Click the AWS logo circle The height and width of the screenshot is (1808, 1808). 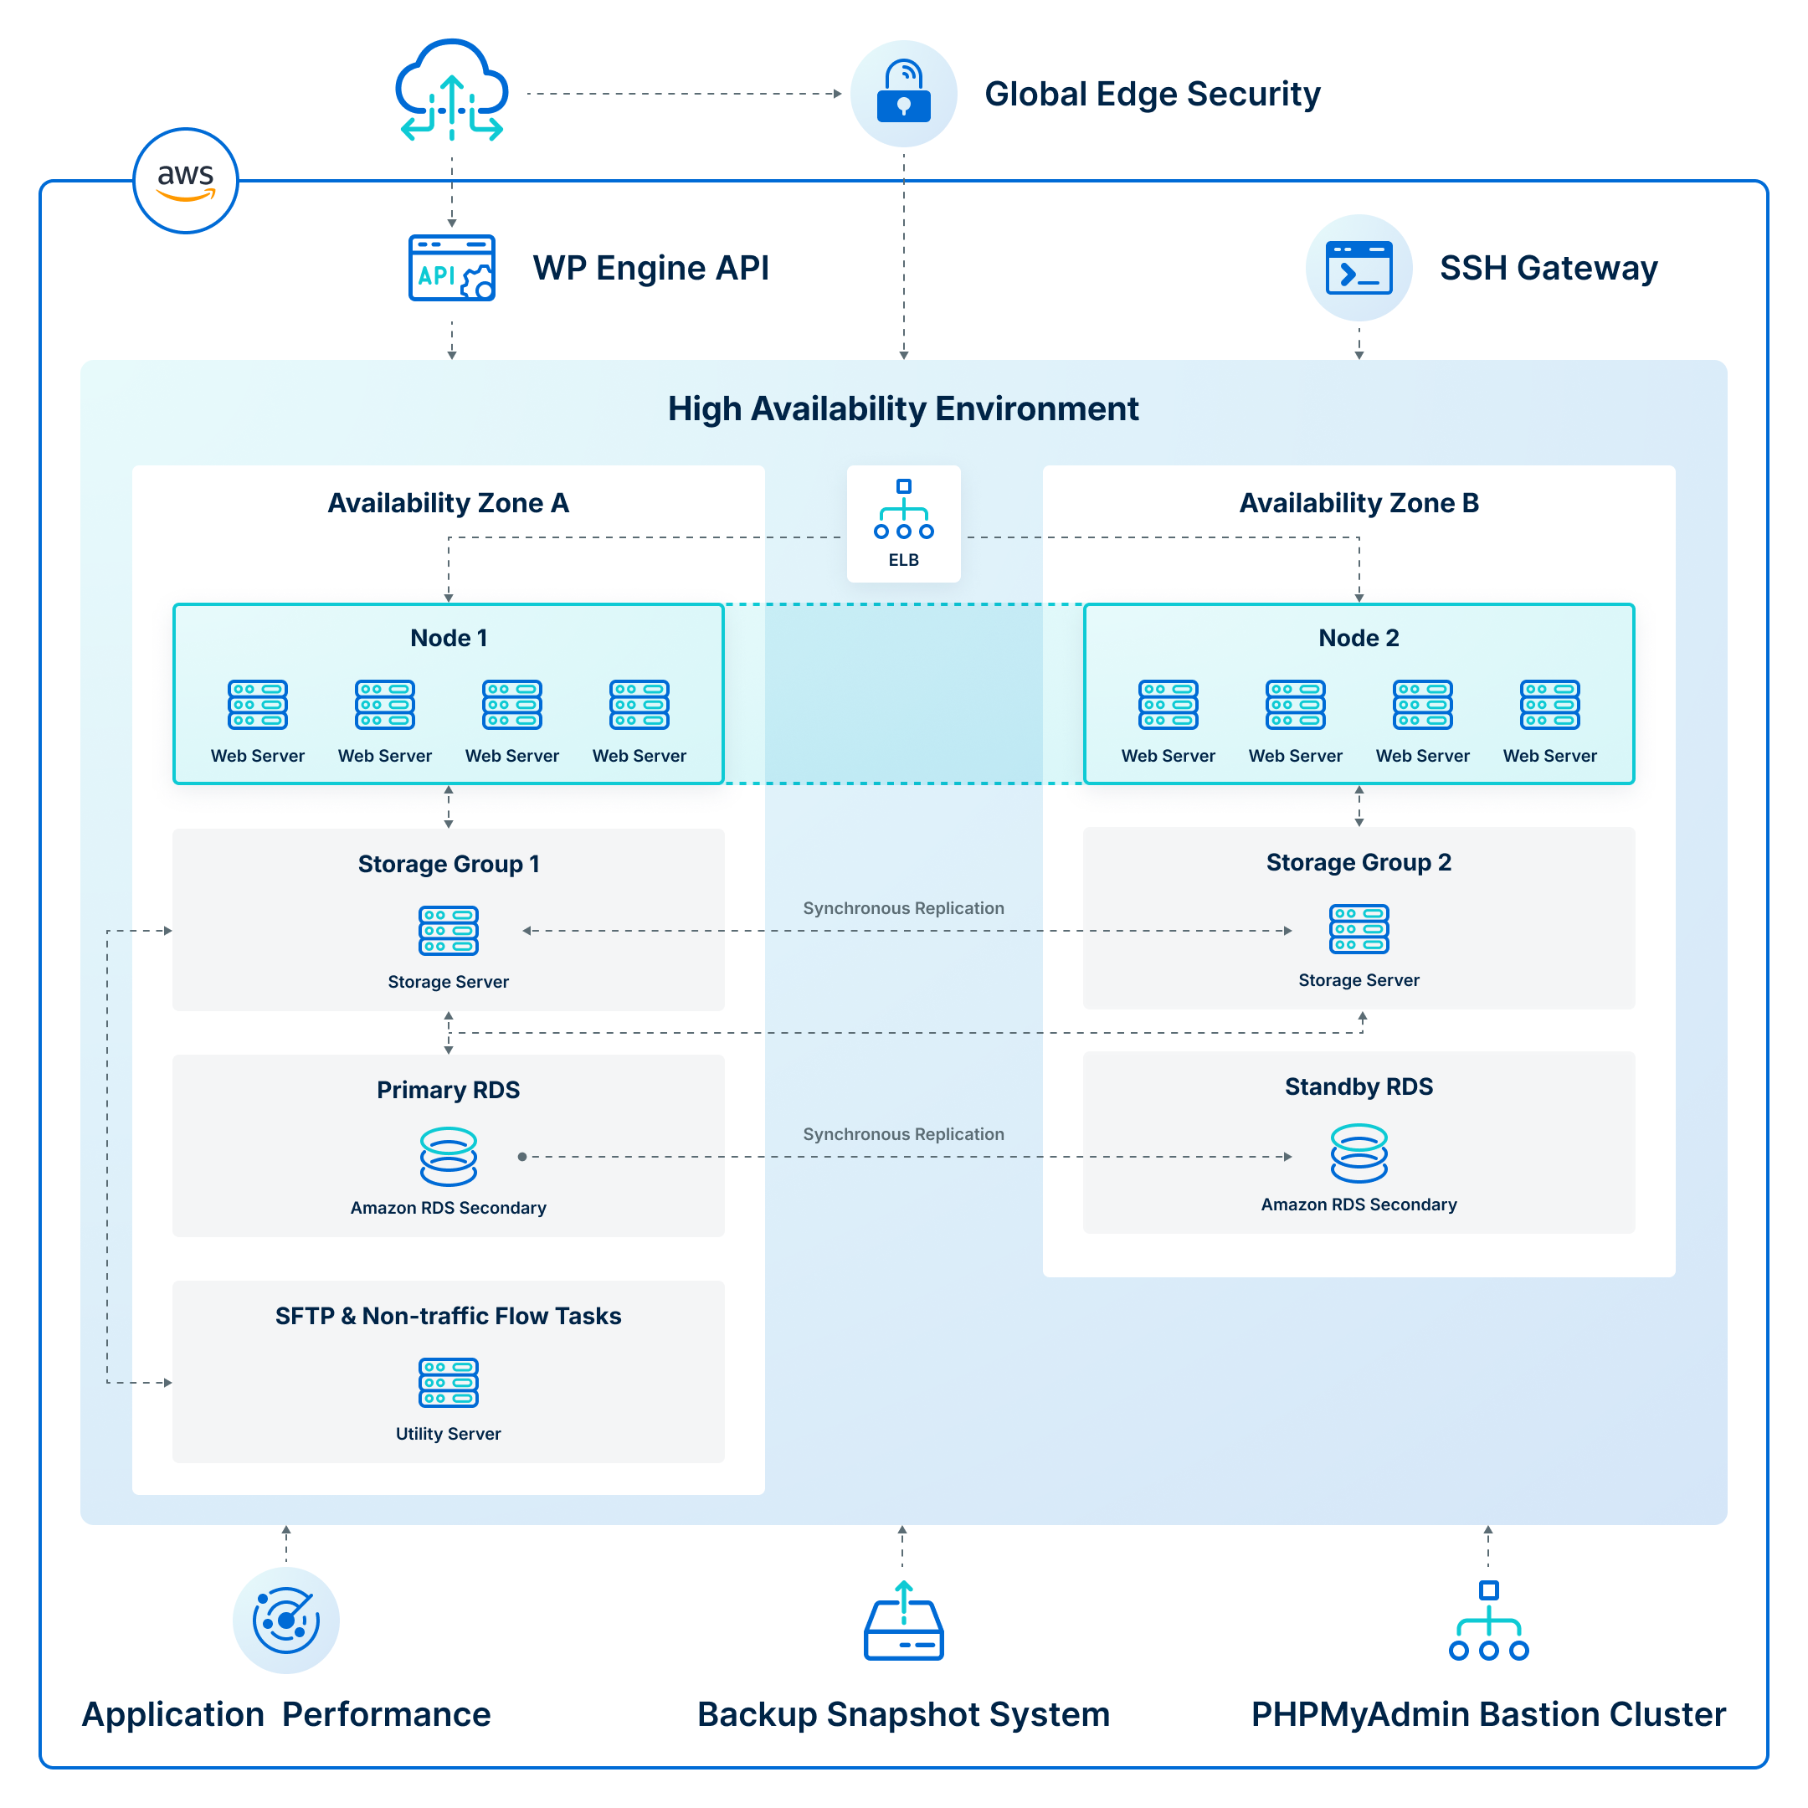pos(185,180)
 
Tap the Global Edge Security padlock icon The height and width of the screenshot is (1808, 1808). pos(903,94)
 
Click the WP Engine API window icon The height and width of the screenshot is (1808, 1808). pos(452,268)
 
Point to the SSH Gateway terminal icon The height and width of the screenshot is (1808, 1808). pos(1359,268)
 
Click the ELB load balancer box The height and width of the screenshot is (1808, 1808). pos(903,524)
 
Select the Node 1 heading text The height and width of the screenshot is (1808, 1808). pos(449,638)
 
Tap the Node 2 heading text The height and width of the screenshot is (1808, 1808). pos(1359,638)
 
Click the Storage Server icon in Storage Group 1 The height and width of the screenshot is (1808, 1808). pos(449,930)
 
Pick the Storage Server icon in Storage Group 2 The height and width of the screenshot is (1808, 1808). pos(1359,928)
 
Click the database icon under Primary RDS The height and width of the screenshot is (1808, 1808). pos(449,1157)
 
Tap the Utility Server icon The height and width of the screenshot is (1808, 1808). pos(449,1382)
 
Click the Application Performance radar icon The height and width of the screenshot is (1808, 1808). pos(286,1620)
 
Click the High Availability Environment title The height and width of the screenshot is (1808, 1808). pos(903,409)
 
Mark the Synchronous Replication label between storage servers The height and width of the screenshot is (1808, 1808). pos(903,907)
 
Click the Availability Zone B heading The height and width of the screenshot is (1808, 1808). pos(1359,503)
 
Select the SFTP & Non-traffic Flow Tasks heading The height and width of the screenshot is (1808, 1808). pos(449,1316)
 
